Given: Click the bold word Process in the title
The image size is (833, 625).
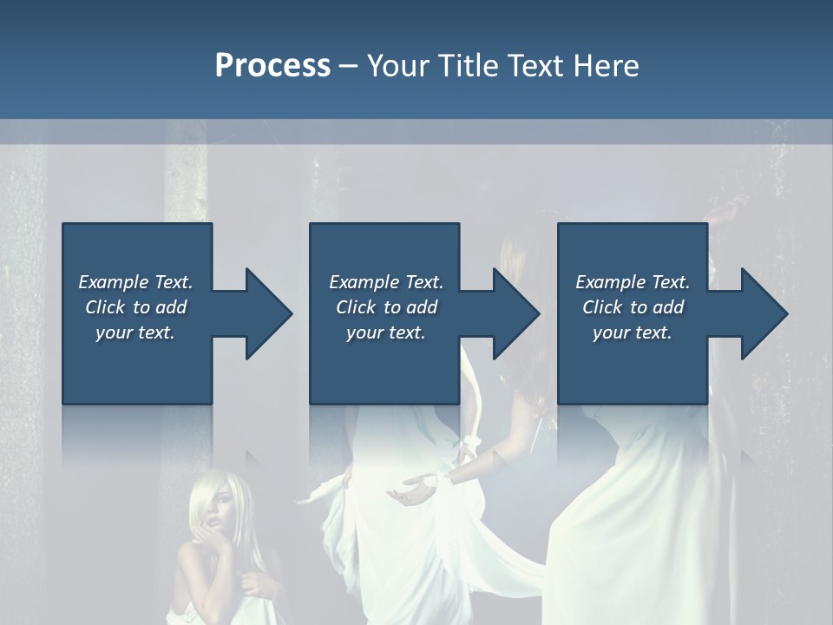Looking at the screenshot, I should (272, 66).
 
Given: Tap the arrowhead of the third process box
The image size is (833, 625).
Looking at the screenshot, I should (763, 313).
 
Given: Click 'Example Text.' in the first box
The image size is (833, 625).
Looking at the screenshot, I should (135, 282).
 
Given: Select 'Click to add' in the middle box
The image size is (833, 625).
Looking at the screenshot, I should (386, 307).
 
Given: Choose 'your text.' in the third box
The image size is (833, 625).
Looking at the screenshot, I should (632, 332).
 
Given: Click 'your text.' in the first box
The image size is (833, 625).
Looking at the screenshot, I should (135, 332).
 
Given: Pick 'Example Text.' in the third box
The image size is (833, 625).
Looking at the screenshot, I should (633, 282).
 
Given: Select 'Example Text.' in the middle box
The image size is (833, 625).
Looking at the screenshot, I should (386, 282).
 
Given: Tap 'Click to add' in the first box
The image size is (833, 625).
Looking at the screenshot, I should (135, 307).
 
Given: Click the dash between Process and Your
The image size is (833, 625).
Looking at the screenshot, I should (349, 66).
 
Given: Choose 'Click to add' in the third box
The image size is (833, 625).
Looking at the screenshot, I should (633, 307).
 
